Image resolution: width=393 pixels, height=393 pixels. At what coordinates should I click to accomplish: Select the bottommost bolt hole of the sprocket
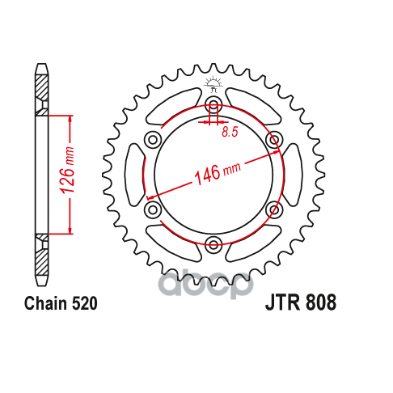tap(213, 245)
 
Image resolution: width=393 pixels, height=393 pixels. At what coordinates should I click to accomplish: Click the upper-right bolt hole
tap(274, 140)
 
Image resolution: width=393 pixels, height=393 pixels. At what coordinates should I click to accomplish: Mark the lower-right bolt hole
tap(274, 210)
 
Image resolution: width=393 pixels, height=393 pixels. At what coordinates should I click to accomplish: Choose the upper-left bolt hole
tap(152, 140)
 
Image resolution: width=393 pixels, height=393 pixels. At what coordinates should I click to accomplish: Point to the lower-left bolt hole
tap(152, 210)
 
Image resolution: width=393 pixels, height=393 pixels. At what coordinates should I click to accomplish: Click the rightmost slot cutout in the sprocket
tap(294, 175)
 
